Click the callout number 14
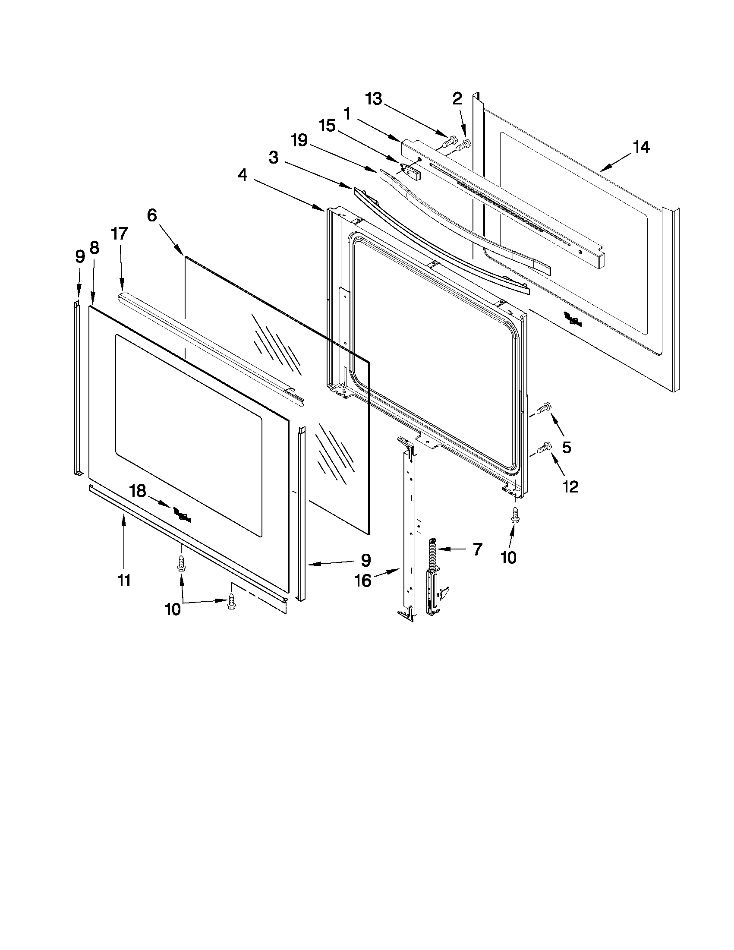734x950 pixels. click(641, 147)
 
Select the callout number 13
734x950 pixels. click(374, 99)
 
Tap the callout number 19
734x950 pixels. click(299, 141)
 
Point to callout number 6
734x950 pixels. click(152, 215)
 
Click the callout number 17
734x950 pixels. click(119, 234)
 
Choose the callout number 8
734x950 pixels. click(94, 248)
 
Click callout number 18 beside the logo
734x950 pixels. click(137, 491)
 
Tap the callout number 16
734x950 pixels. click(363, 580)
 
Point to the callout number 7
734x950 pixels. click(477, 549)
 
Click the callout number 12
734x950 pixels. click(570, 487)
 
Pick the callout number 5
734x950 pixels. click(566, 447)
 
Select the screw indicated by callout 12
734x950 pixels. click(544, 447)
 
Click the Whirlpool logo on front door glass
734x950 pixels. click(182, 515)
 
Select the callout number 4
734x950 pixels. click(243, 175)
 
